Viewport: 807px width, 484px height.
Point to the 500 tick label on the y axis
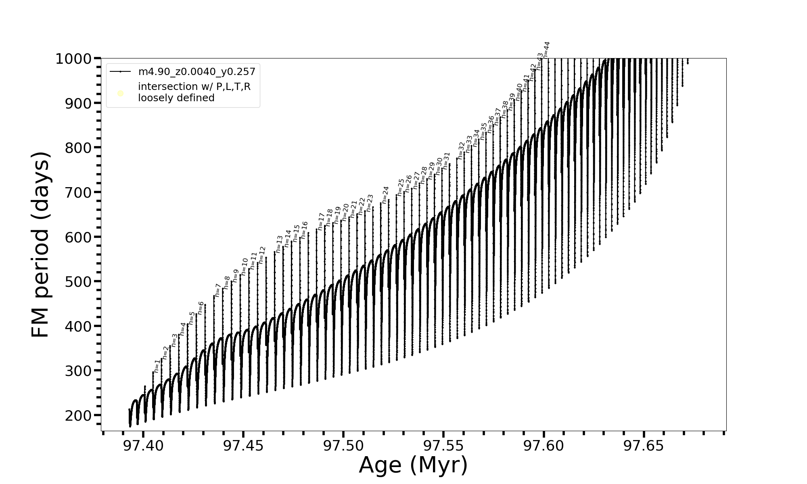(79, 282)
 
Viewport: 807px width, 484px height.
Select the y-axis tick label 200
(79, 415)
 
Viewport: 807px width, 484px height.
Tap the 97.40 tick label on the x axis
(143, 446)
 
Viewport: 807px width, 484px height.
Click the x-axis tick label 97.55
(443, 446)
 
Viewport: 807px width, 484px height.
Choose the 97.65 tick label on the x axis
(644, 446)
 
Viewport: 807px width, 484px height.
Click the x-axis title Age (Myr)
(413, 465)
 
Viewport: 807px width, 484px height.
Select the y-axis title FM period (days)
(40, 245)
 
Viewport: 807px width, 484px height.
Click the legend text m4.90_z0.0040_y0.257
(197, 72)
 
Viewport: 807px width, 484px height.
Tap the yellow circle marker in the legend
(120, 94)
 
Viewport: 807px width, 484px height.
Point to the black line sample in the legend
(120, 72)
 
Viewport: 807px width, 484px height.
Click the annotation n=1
(157, 366)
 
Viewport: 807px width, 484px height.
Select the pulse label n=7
(218, 290)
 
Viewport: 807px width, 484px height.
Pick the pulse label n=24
(385, 194)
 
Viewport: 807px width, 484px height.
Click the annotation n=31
(446, 160)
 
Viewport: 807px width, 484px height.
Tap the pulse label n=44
(546, 50)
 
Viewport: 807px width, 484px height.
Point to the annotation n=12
(262, 255)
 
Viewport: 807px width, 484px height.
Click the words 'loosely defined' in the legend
(176, 98)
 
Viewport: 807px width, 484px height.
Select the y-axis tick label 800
(79, 148)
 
